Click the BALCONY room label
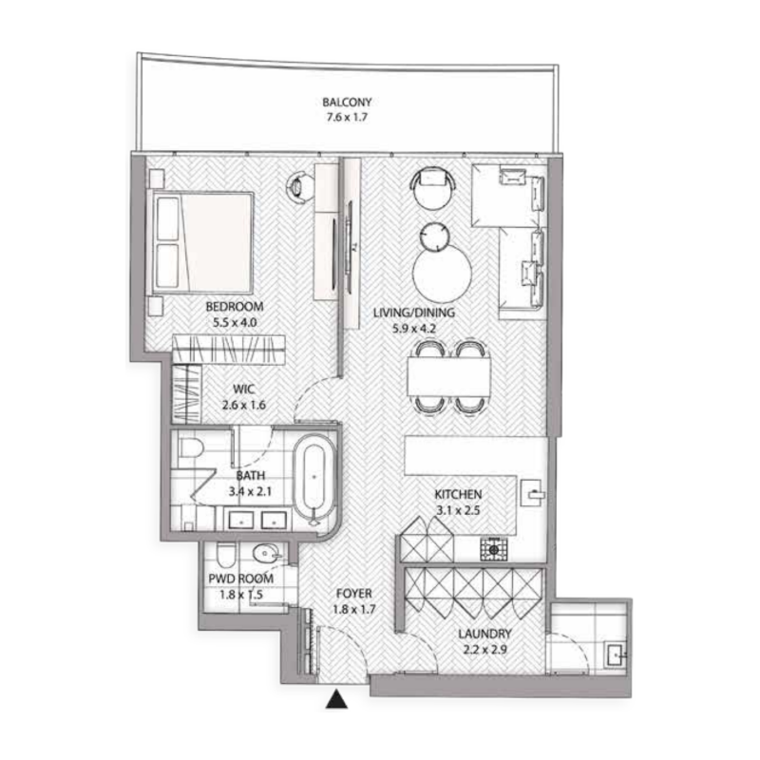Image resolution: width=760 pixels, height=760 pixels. tap(346, 103)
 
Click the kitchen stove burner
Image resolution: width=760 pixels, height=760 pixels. tap(493, 548)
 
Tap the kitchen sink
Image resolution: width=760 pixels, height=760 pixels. tap(534, 494)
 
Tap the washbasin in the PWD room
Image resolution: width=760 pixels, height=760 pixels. tap(266, 554)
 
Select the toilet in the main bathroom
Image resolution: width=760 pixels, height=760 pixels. tap(191, 449)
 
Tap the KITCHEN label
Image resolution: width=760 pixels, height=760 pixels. tap(459, 495)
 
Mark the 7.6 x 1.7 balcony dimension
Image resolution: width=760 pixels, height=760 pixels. tap(346, 119)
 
